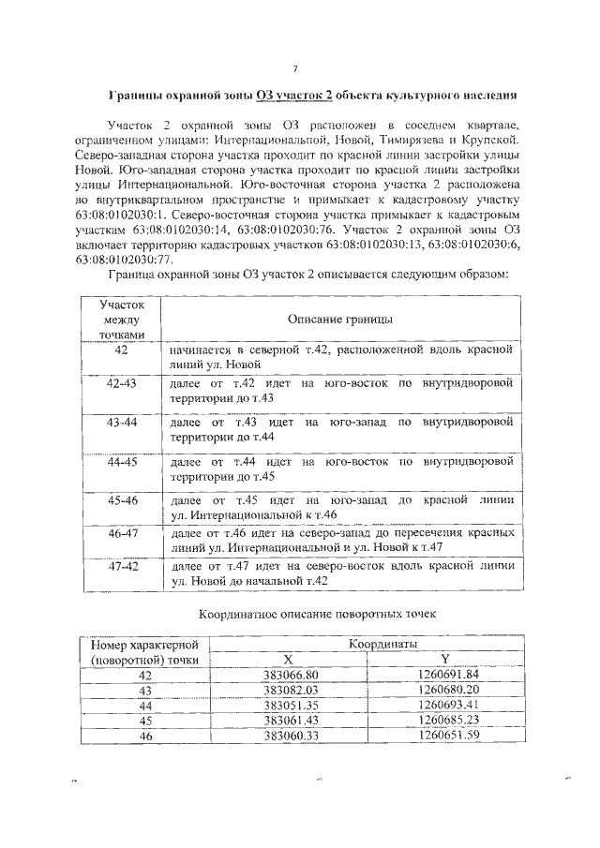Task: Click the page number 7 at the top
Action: pos(295,68)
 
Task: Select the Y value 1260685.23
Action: pos(447,720)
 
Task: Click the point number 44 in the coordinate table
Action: pos(144,705)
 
